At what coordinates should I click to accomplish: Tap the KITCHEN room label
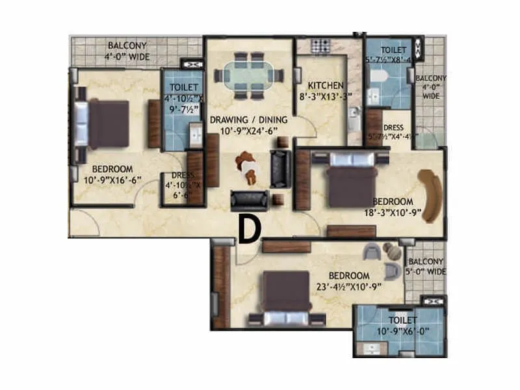pyautogui.click(x=325, y=86)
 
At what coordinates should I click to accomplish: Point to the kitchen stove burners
pyautogui.click(x=320, y=46)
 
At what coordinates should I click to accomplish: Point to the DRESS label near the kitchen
pyautogui.click(x=393, y=128)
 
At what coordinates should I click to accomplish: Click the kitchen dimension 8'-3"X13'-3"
pyautogui.click(x=325, y=97)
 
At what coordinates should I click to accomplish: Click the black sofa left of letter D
pyautogui.click(x=248, y=201)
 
